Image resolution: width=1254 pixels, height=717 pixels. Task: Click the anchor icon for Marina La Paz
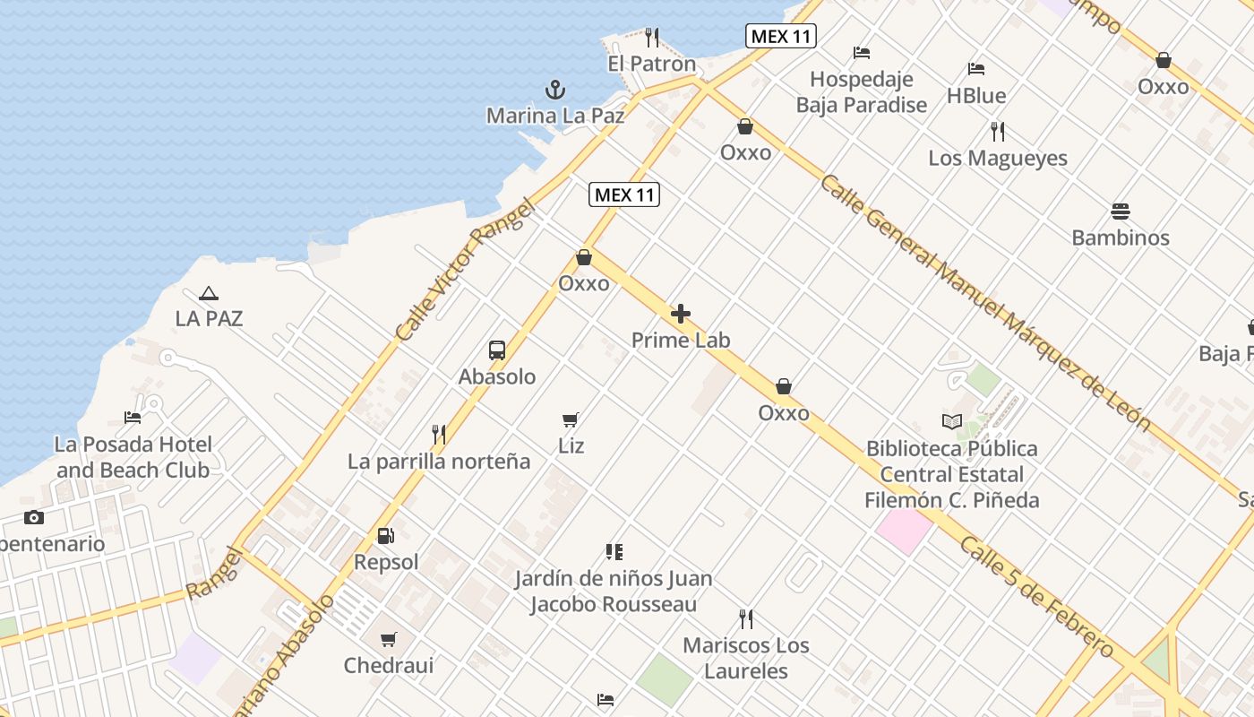pos(555,90)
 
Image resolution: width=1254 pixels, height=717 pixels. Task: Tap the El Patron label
pos(651,64)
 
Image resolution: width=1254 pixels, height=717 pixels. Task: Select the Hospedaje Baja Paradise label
pos(862,92)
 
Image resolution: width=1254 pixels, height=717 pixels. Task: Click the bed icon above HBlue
pos(976,69)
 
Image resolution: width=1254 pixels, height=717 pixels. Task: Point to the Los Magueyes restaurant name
pos(998,159)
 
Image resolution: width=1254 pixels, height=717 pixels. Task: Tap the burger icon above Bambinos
pos(1121,212)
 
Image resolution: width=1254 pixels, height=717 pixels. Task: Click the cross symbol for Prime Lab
pos(681,314)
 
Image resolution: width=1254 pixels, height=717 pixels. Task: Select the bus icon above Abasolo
pos(497,350)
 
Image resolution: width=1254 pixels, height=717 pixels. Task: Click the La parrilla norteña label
pos(439,462)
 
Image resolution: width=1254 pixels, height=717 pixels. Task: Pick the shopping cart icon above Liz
pos(571,419)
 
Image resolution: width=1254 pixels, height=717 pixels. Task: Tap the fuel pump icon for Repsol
pos(386,536)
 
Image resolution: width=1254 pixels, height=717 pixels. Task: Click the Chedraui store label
pos(389,666)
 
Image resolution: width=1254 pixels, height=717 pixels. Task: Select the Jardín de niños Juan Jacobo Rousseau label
pos(614,592)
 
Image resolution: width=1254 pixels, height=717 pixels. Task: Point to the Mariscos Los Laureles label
pos(746,658)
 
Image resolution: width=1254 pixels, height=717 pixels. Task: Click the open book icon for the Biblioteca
pos(951,421)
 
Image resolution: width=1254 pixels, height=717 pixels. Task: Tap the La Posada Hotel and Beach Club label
pos(133,457)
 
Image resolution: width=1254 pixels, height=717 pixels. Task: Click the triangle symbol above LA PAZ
pos(209,293)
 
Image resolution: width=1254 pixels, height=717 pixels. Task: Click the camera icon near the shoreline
pos(34,517)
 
